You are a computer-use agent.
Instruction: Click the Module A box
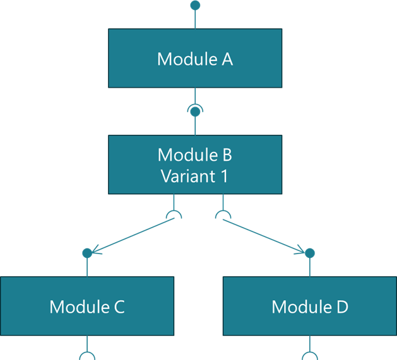[x=195, y=59]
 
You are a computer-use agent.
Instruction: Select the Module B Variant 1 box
[x=195, y=165]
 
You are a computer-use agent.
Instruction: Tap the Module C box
[x=87, y=306]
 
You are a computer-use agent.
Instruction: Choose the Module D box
[x=309, y=306]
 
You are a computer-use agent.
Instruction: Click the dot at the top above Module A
[x=195, y=5]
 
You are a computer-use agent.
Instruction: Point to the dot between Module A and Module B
[x=195, y=112]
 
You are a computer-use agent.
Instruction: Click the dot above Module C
[x=87, y=253]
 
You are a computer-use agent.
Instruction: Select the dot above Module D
[x=309, y=253]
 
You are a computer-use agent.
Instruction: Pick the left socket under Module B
[x=174, y=216]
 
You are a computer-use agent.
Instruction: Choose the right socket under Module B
[x=222, y=216]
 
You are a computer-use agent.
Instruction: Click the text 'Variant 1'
[x=194, y=175]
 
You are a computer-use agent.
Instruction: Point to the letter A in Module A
[x=227, y=59]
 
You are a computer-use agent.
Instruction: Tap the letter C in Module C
[x=118, y=307]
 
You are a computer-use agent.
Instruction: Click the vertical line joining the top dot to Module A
[x=195, y=19]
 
